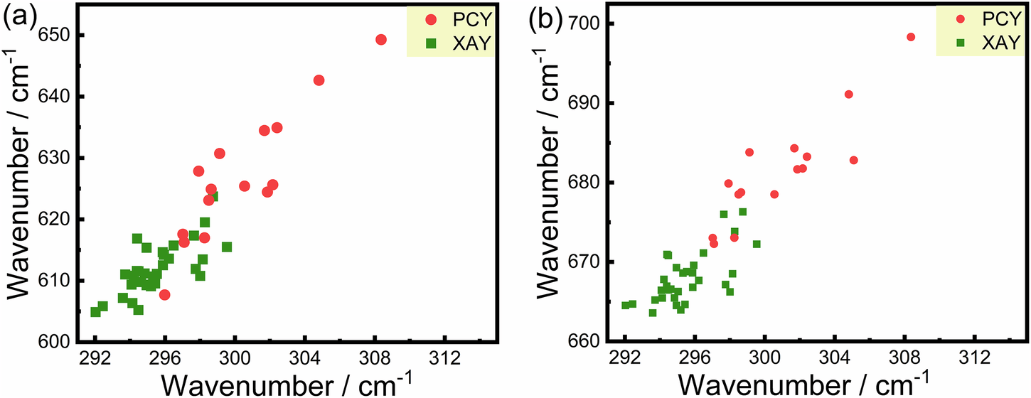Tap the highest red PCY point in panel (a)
click(381, 40)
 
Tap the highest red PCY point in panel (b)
click(911, 37)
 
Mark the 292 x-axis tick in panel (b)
click(624, 357)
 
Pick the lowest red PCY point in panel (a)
click(164, 295)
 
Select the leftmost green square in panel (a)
click(95, 312)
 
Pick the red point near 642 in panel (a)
click(319, 80)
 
